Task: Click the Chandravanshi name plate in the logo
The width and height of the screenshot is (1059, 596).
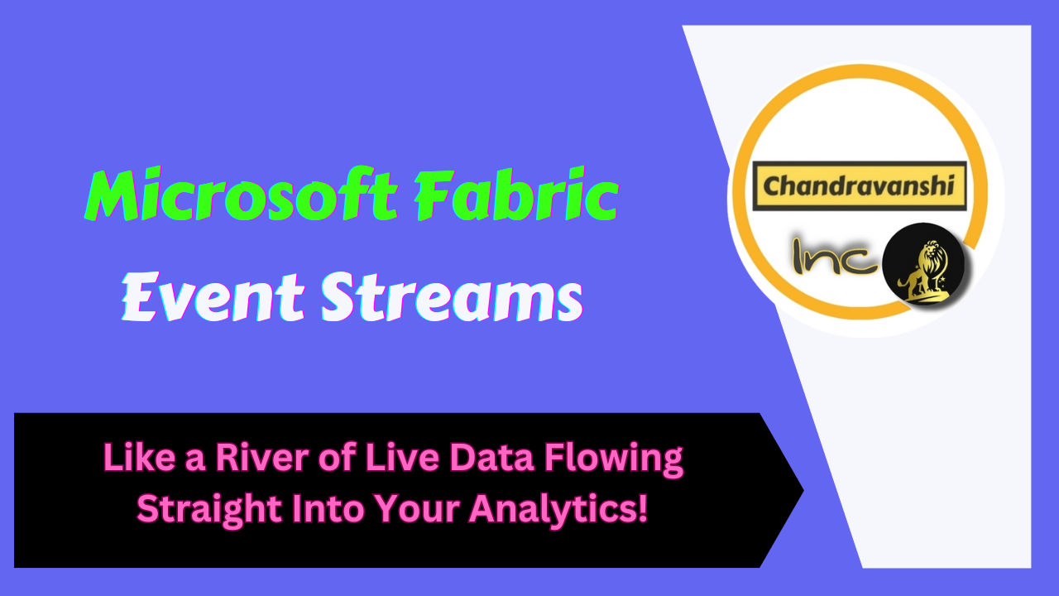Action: (x=859, y=185)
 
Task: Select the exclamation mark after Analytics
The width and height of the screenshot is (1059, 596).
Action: (x=642, y=507)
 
